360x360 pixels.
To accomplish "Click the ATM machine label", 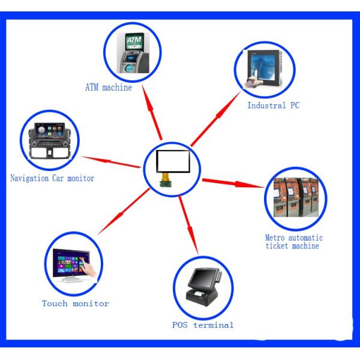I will (108, 88).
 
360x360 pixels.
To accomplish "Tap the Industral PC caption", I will (273, 106).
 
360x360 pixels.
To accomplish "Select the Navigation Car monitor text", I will (52, 178).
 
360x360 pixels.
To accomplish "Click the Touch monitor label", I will (75, 304).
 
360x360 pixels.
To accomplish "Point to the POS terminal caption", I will (202, 325).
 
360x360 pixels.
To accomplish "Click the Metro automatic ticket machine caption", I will (294, 241).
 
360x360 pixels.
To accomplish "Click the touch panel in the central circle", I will (173, 162).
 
